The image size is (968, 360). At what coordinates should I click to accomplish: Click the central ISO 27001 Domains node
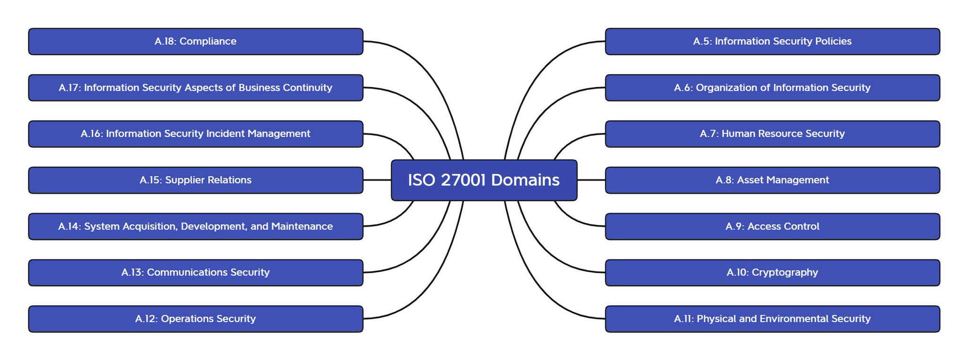point(484,180)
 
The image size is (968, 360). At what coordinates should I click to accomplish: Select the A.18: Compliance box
point(196,42)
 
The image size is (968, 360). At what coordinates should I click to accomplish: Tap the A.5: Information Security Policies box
point(772,42)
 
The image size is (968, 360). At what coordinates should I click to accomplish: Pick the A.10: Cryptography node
point(772,273)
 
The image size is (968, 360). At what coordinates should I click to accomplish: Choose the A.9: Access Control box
point(772,226)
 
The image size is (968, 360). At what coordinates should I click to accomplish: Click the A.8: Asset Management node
point(772,180)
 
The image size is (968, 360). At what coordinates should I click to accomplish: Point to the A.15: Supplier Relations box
point(196,180)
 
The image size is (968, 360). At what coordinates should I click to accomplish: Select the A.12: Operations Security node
point(196,319)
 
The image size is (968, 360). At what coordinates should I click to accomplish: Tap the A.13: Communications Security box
point(196,273)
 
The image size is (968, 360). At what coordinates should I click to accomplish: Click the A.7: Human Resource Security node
point(772,134)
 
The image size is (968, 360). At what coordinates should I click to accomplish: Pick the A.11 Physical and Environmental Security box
point(772,319)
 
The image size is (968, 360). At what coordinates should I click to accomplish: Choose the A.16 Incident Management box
point(196,134)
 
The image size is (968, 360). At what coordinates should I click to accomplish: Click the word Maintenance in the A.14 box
point(302,226)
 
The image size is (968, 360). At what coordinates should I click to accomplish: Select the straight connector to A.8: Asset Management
point(591,180)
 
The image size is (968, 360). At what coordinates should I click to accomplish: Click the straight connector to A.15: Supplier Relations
point(377,180)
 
